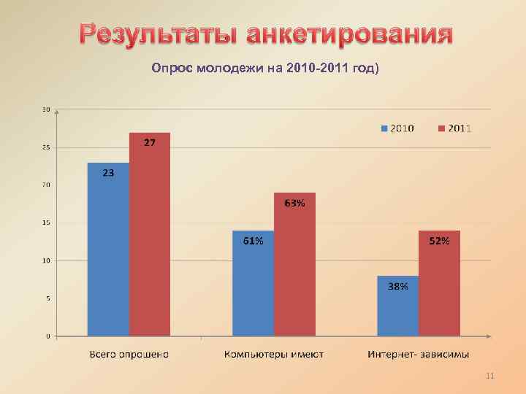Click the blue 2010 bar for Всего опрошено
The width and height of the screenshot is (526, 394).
[x=108, y=248]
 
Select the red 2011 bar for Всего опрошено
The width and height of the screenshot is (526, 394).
[x=150, y=233]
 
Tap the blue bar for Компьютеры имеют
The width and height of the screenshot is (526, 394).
[x=253, y=285]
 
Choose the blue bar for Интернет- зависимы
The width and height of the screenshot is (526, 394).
[x=398, y=306]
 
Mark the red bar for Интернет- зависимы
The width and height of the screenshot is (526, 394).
[x=439, y=285]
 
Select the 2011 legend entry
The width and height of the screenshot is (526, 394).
[x=454, y=128]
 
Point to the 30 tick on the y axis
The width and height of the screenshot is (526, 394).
[x=46, y=110]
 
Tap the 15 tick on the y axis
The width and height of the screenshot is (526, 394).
[x=46, y=223]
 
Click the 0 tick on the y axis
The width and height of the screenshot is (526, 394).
[x=47, y=336]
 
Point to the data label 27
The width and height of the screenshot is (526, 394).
[x=148, y=143]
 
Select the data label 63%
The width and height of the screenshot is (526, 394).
[x=294, y=204]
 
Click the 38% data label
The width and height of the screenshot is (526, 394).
[x=398, y=287]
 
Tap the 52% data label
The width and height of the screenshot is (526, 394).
[x=439, y=242]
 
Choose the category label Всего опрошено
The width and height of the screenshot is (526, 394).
[x=129, y=355]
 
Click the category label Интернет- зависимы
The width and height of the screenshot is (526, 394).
[x=419, y=355]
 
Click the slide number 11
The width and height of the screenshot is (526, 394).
[x=489, y=376]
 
